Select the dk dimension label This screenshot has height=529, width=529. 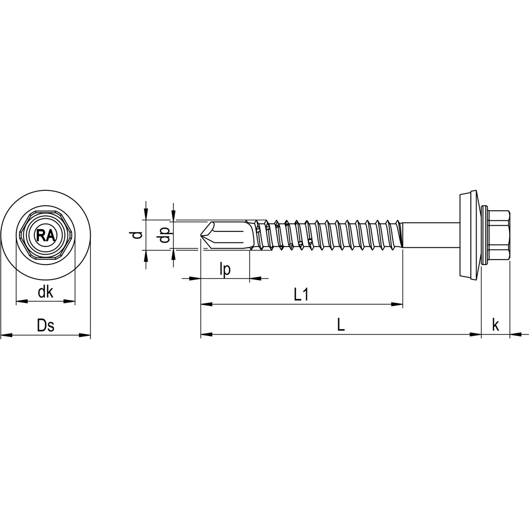45,292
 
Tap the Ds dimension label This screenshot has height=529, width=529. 45,326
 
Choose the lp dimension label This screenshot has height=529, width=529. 225,270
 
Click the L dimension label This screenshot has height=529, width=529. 340,326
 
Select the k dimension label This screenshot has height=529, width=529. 495,326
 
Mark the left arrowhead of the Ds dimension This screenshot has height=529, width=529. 6,335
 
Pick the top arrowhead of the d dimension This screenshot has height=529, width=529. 145,214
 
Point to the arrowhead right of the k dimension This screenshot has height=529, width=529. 516,335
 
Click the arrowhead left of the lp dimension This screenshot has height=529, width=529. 195,279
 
